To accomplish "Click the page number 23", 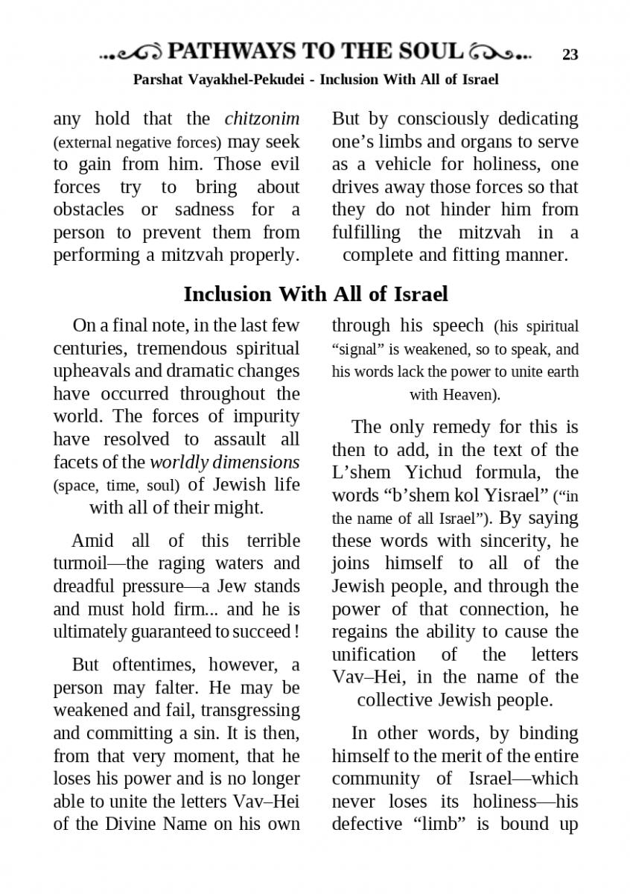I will point(570,54).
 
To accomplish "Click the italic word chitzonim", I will point(262,118).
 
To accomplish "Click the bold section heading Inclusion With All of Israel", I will point(316,294).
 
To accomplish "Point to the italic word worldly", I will point(178,462).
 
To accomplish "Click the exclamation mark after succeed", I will point(297,632).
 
